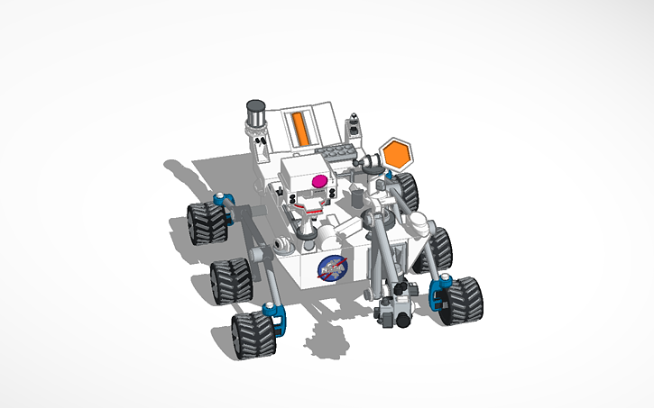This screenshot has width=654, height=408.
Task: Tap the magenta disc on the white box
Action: [x=318, y=182]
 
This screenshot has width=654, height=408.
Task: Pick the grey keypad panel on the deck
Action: [x=340, y=154]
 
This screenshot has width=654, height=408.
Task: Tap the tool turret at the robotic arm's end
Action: [x=395, y=306]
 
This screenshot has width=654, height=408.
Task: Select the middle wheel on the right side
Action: [x=437, y=249]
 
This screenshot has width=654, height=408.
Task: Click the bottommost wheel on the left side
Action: [x=252, y=334]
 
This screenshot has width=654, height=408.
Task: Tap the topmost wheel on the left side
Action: [x=206, y=222]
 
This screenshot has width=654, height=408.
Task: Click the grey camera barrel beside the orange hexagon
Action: [x=369, y=163]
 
